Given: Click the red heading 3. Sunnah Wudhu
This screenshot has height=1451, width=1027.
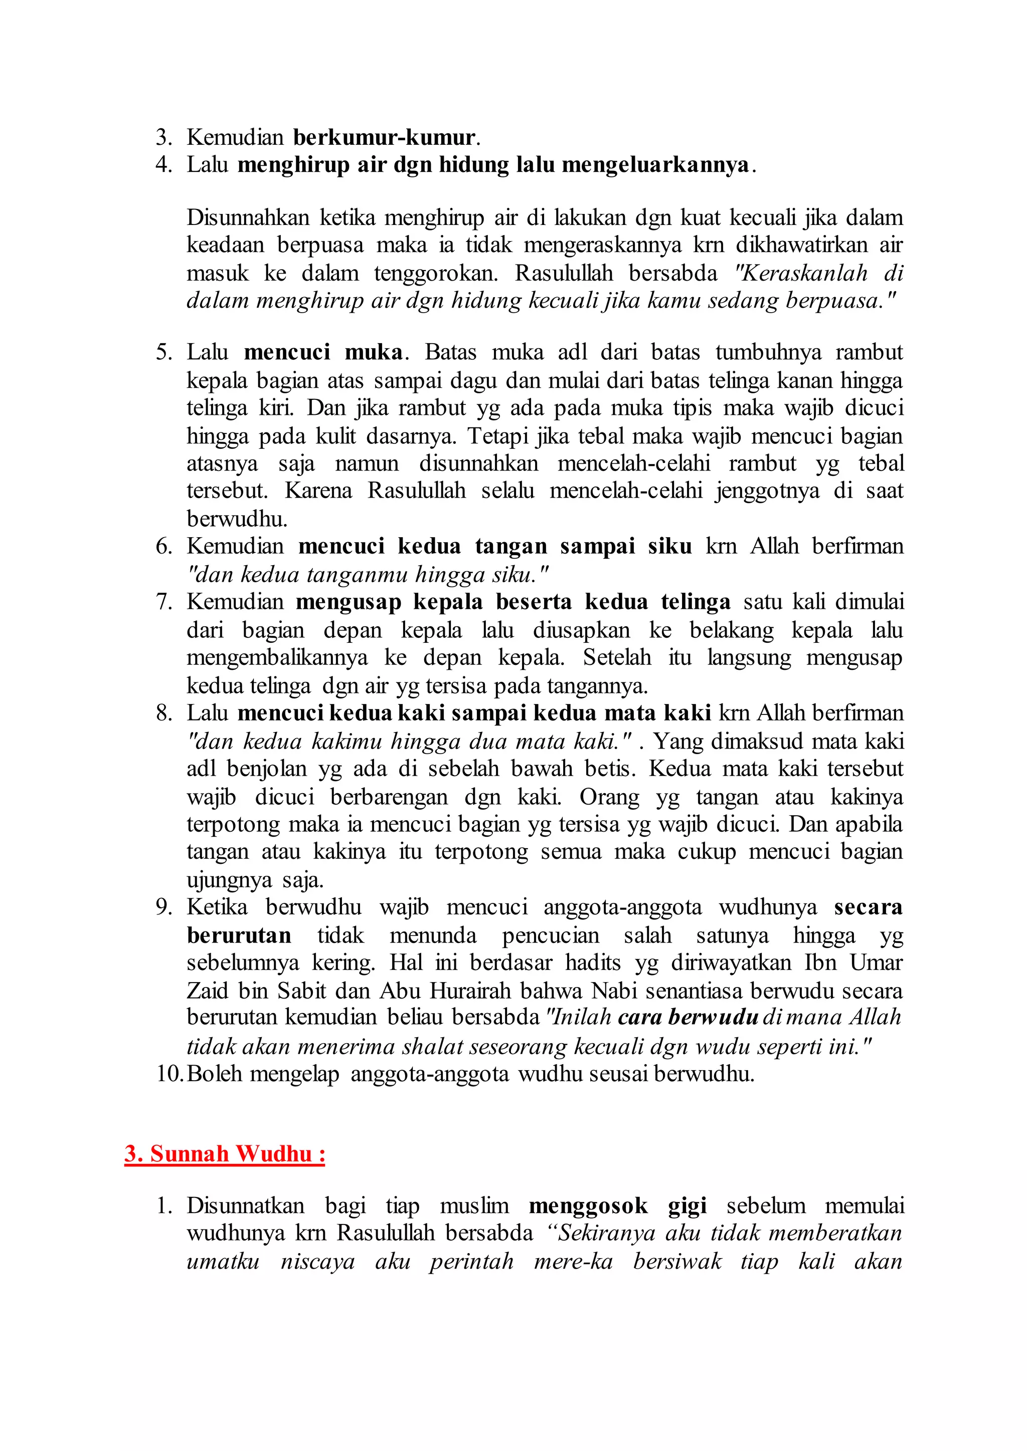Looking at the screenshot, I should (x=225, y=1153).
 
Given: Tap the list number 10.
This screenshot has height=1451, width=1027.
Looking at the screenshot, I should (x=169, y=1073).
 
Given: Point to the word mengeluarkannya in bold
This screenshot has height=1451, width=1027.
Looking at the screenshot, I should (x=655, y=164).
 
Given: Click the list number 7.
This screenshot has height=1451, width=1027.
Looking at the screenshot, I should (x=164, y=601).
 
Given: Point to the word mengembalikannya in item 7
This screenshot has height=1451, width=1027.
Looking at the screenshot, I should (x=276, y=657).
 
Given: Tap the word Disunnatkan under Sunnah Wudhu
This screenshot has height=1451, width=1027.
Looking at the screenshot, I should (x=245, y=1205).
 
